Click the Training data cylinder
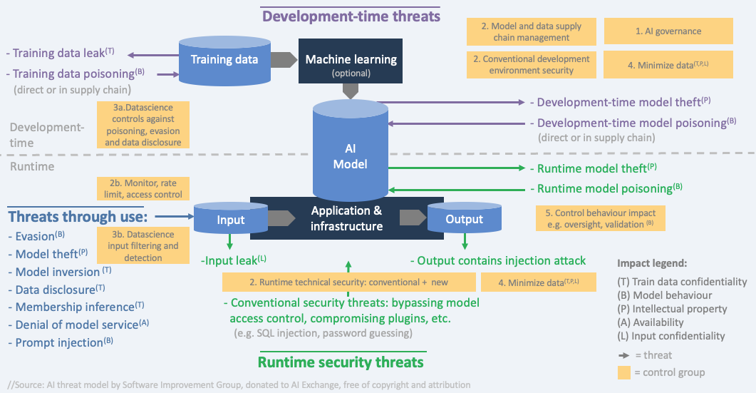click(x=224, y=60)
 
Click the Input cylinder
click(x=231, y=220)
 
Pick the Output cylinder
click(x=464, y=220)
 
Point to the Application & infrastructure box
click(x=346, y=218)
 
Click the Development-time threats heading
click(x=350, y=15)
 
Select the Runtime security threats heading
click(x=341, y=362)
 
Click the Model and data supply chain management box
click(x=531, y=31)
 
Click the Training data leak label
click(x=61, y=53)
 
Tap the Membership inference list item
click(x=74, y=307)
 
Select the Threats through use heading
click(x=78, y=216)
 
